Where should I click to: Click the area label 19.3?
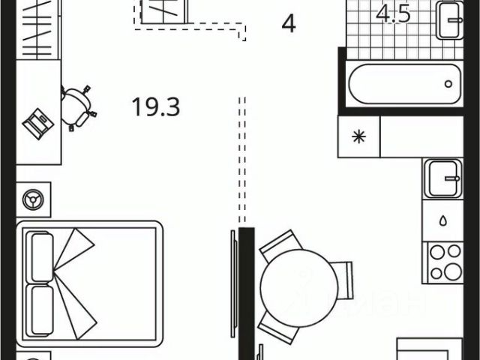(x=157, y=107)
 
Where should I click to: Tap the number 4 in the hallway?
(x=289, y=24)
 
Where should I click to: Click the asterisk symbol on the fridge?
(x=360, y=136)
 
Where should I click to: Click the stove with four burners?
(x=445, y=263)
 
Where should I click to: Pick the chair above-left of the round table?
(x=277, y=246)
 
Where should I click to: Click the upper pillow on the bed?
(x=40, y=256)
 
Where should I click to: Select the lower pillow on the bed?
(x=40, y=308)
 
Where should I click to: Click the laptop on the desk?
(x=37, y=121)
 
